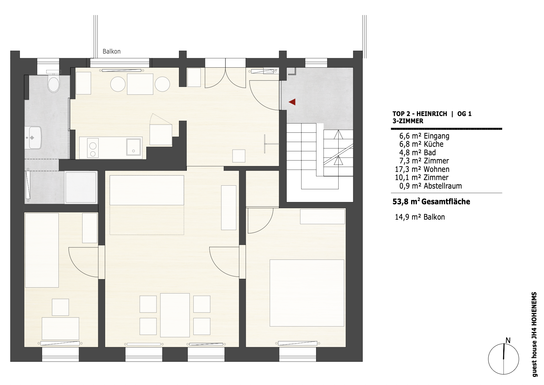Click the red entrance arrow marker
tap(292, 102)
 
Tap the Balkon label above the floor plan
tap(111, 51)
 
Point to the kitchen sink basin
tap(133, 147)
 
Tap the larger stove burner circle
tap(93, 146)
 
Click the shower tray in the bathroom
tap(81, 187)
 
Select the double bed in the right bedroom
tap(307, 293)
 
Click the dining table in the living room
tap(175, 315)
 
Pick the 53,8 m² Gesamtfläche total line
tap(431, 202)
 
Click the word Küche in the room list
tap(434, 144)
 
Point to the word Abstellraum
tap(443, 186)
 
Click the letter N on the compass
tap(508, 341)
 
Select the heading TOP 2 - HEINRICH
tap(420, 114)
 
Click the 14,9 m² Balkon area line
tap(420, 217)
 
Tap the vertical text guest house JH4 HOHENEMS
tap(534, 334)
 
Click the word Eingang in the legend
tap(437, 136)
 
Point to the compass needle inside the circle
tap(504, 352)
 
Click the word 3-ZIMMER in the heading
tap(408, 121)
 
